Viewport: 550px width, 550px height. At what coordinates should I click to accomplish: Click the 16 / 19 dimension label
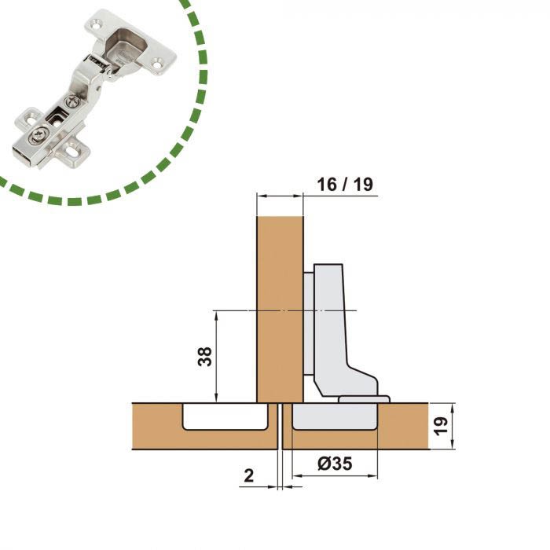tap(345, 185)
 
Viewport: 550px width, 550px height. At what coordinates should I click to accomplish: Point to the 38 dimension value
tap(205, 357)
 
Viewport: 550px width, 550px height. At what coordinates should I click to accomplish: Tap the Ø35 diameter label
tap(335, 464)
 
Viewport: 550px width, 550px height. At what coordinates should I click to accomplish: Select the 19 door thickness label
tap(441, 426)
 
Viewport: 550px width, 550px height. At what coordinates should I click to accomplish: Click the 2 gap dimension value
tap(249, 475)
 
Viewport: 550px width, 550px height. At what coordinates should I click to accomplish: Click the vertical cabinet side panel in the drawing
tap(280, 310)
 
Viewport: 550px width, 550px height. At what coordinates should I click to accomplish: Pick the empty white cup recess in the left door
tap(225, 416)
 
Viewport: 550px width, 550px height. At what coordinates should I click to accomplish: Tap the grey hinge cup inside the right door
tap(335, 416)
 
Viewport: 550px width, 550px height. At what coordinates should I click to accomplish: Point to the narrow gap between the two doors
tap(280, 426)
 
